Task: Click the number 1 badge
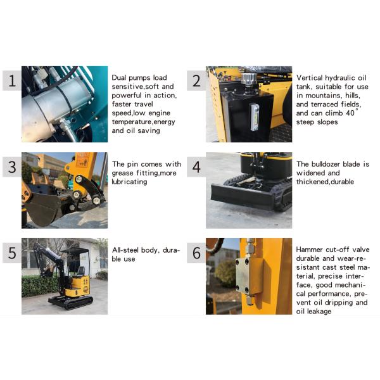[x=11, y=80]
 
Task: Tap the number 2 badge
[x=196, y=80]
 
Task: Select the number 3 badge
[x=11, y=167]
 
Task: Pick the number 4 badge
[x=196, y=167]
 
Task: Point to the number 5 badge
[x=11, y=253]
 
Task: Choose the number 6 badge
[x=196, y=253]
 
